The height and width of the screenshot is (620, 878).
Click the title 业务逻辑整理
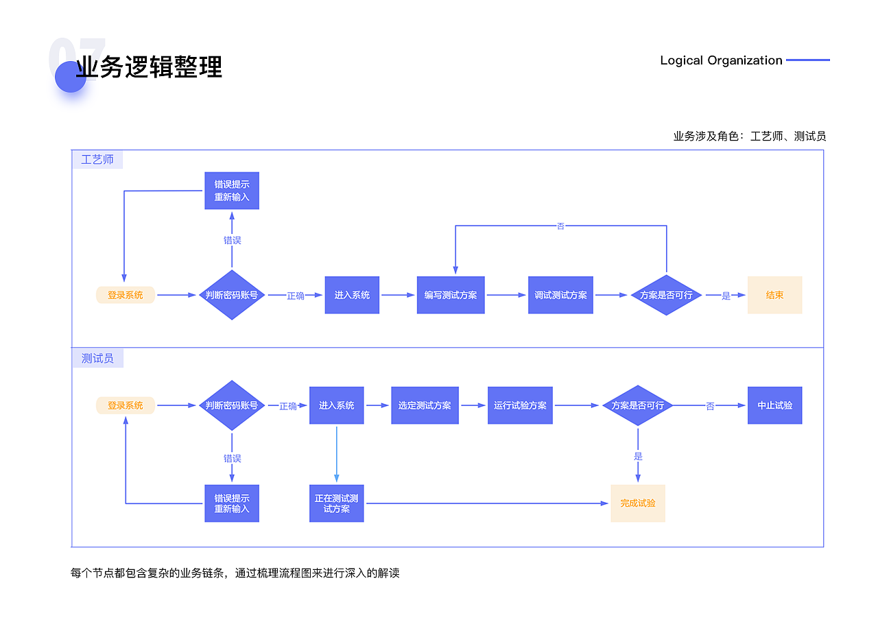[149, 68]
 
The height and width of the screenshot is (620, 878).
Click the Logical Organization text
[721, 60]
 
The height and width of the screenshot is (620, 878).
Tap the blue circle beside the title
[71, 77]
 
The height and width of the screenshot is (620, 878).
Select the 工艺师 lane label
[97, 160]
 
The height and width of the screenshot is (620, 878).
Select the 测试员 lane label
[97, 359]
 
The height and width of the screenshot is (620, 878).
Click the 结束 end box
[774, 295]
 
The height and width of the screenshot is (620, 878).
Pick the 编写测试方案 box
[451, 295]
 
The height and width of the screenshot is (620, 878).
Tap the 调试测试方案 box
[560, 295]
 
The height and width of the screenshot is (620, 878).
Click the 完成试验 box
[638, 503]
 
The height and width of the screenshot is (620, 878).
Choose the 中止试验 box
[774, 405]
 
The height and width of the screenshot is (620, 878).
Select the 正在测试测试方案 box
[336, 503]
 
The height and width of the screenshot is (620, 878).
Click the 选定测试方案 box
[425, 405]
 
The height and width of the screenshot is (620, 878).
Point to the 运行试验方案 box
[520, 405]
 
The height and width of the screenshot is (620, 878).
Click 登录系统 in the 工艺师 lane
[126, 295]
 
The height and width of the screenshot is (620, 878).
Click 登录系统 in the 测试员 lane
[126, 405]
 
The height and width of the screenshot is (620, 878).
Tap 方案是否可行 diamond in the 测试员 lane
[638, 405]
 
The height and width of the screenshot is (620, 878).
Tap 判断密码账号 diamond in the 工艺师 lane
[232, 295]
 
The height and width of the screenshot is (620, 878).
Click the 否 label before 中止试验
[710, 406]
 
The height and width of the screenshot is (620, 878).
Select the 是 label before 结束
[726, 296]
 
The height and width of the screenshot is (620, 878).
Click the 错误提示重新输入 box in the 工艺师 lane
[232, 191]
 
